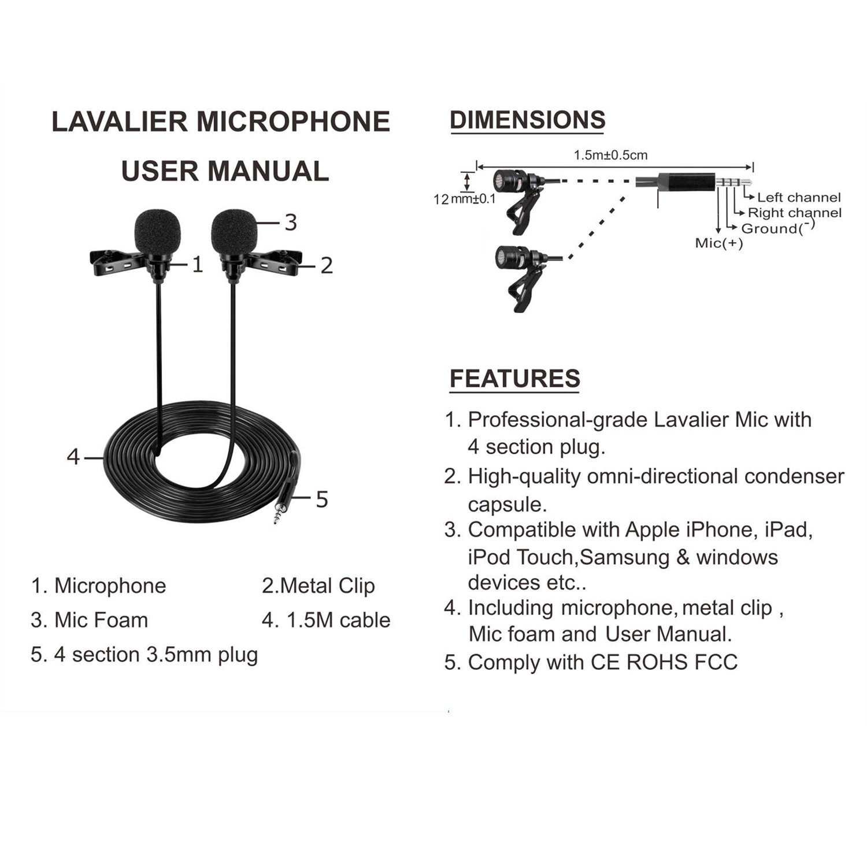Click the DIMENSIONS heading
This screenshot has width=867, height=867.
point(527,120)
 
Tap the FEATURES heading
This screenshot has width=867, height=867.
point(514,379)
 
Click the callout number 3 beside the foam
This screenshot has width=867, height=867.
point(291,223)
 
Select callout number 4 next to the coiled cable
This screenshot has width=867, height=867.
point(73,457)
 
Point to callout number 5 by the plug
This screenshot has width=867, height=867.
point(322,499)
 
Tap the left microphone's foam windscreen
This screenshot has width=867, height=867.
point(157,233)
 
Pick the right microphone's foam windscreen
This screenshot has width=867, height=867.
point(234,233)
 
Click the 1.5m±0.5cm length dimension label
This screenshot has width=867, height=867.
point(610,155)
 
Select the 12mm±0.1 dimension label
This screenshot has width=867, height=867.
point(465,199)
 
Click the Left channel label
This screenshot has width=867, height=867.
point(799,198)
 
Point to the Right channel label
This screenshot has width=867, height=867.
point(794,213)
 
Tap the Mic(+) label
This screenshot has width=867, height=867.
point(718,243)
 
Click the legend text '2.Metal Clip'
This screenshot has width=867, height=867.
point(318,586)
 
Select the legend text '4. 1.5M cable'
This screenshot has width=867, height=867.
point(326,620)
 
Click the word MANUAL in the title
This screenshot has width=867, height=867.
point(268,171)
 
